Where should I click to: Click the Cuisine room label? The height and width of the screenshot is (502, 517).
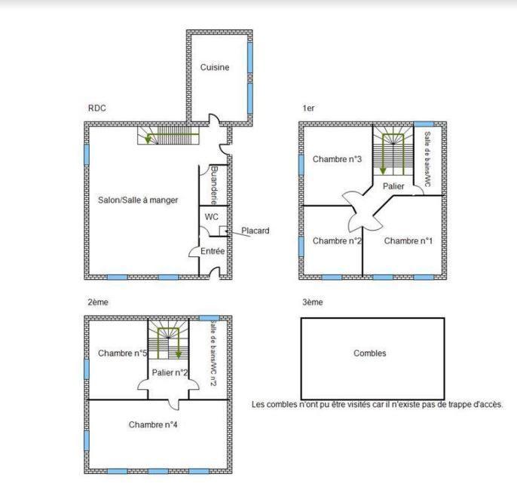click(215, 67)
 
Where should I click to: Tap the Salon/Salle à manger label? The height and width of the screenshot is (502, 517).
click(138, 200)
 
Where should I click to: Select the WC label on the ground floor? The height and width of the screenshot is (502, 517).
click(212, 217)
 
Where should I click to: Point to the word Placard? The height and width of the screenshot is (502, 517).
click(255, 231)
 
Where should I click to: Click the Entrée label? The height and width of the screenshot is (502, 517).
click(212, 251)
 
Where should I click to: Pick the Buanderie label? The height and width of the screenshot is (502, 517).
click(215, 185)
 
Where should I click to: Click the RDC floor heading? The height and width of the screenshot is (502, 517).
click(96, 109)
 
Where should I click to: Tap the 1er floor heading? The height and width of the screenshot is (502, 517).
click(308, 109)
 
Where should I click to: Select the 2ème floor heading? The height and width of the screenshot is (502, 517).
click(98, 302)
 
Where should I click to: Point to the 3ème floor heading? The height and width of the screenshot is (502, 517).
click(312, 302)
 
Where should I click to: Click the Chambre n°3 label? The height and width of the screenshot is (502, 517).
click(338, 159)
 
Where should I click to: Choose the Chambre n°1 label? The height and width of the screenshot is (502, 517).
click(408, 240)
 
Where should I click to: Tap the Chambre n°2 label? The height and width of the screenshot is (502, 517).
click(338, 240)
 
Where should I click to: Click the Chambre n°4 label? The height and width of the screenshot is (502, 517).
click(153, 424)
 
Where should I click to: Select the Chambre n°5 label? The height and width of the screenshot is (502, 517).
click(122, 353)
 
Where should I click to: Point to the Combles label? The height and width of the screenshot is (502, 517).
click(369, 353)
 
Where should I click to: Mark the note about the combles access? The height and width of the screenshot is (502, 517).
click(377, 405)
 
